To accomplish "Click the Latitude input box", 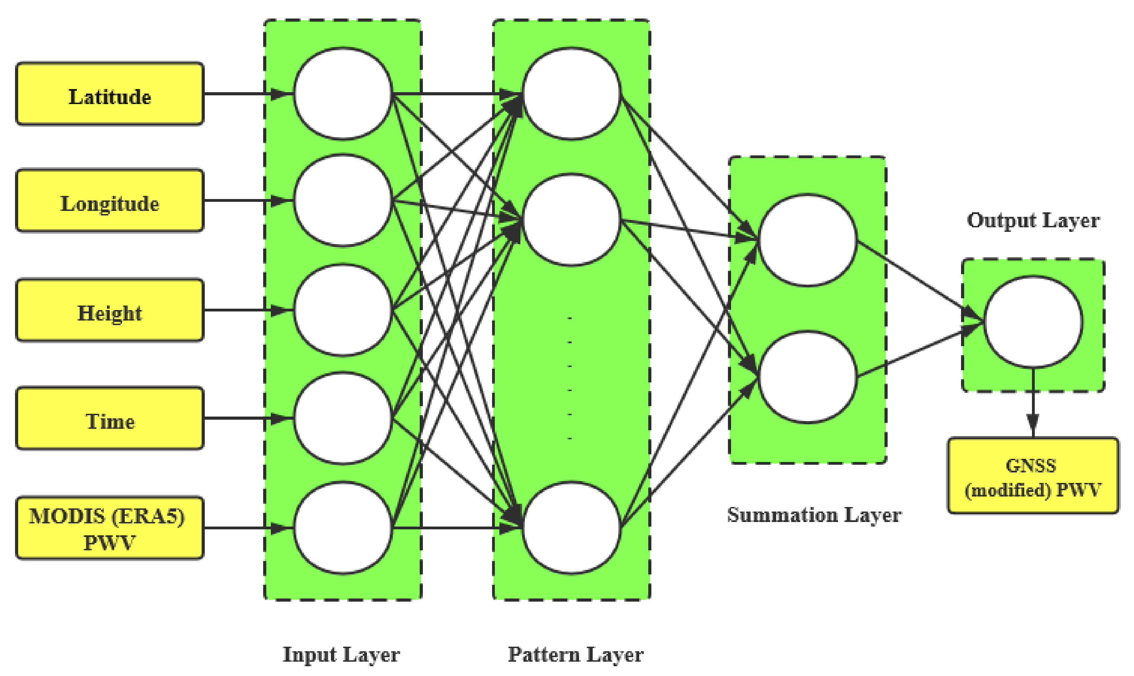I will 109,94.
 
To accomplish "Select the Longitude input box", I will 109,200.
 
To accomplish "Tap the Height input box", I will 109,310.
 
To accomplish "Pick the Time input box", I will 109,418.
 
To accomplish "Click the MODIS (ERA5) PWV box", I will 109,528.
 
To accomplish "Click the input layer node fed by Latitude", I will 343,93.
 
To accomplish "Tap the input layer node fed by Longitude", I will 343,200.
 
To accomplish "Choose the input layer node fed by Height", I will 343,310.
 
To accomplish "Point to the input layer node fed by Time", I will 343,418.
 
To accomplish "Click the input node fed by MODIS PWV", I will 343,528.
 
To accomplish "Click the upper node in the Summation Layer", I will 808,240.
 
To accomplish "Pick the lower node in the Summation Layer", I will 808,377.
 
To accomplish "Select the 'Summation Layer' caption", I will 814,515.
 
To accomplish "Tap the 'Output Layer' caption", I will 1033,220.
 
